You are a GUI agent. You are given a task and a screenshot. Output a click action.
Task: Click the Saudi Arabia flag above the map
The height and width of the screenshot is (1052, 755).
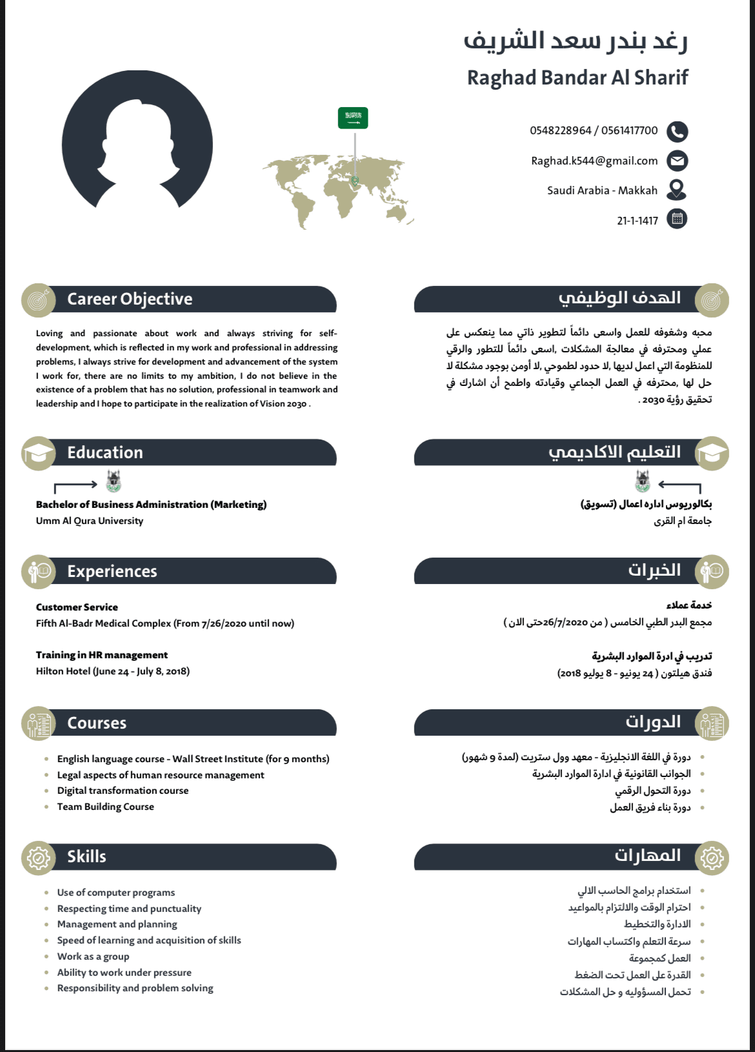[353, 117]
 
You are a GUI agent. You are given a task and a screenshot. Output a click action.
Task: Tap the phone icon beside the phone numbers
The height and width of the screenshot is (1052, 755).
[677, 132]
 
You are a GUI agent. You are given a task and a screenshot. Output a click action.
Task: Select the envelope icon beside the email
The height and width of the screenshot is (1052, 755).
[677, 161]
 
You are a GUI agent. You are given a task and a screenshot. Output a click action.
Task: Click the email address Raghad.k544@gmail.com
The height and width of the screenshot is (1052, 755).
[594, 161]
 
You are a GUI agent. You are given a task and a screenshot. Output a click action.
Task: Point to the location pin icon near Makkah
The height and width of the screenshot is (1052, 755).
[676, 190]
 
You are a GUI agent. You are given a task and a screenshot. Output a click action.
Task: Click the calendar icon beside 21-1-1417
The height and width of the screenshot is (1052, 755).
[677, 219]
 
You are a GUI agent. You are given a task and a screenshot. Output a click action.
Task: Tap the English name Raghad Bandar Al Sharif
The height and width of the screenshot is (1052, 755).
[578, 77]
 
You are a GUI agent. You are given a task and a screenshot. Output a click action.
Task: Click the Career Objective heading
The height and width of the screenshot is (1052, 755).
[130, 299]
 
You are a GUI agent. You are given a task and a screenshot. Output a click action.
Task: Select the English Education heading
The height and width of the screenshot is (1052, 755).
[105, 452]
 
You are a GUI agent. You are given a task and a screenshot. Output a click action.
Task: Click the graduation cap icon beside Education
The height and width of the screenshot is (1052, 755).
[39, 453]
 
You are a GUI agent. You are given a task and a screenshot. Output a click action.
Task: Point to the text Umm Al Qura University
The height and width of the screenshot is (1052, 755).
[90, 521]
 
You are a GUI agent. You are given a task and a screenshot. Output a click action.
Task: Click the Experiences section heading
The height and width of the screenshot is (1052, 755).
[112, 571]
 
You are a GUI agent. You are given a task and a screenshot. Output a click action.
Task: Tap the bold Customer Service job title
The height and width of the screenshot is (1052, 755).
[77, 607]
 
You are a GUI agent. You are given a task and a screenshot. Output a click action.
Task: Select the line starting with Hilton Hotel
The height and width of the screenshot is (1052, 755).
[113, 671]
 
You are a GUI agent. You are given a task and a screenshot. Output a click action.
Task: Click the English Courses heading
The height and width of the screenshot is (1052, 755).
[97, 723]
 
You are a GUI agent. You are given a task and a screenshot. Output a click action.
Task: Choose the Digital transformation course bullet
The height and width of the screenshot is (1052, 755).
[123, 791]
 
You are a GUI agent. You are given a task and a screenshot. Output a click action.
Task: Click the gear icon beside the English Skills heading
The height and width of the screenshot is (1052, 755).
[39, 858]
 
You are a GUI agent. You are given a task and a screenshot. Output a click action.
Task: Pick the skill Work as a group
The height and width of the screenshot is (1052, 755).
[93, 956]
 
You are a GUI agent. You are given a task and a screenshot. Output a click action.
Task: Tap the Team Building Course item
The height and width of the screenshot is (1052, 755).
[105, 807]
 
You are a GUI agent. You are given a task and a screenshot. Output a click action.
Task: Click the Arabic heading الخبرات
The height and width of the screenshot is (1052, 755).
[654, 571]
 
